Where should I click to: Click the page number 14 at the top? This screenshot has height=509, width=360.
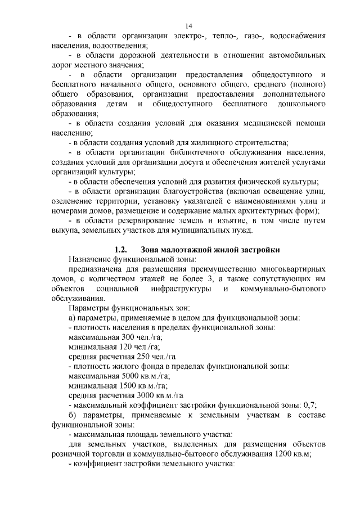(x=188, y=26)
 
